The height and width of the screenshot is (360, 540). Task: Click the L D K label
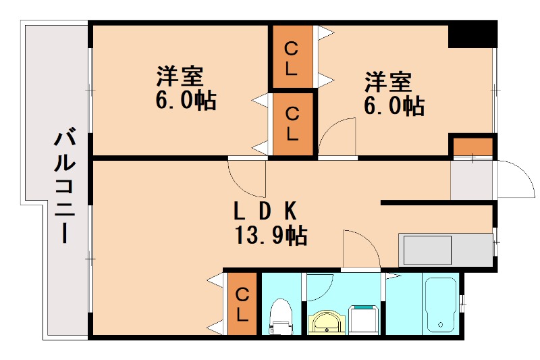(265, 211)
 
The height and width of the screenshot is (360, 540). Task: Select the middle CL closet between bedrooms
(292, 124)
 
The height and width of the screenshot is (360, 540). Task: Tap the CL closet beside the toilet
(242, 303)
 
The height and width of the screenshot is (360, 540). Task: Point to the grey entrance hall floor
(471, 181)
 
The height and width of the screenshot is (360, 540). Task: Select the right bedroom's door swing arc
(339, 135)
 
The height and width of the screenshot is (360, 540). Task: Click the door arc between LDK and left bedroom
(246, 176)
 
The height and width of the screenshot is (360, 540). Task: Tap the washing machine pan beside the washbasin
(364, 319)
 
